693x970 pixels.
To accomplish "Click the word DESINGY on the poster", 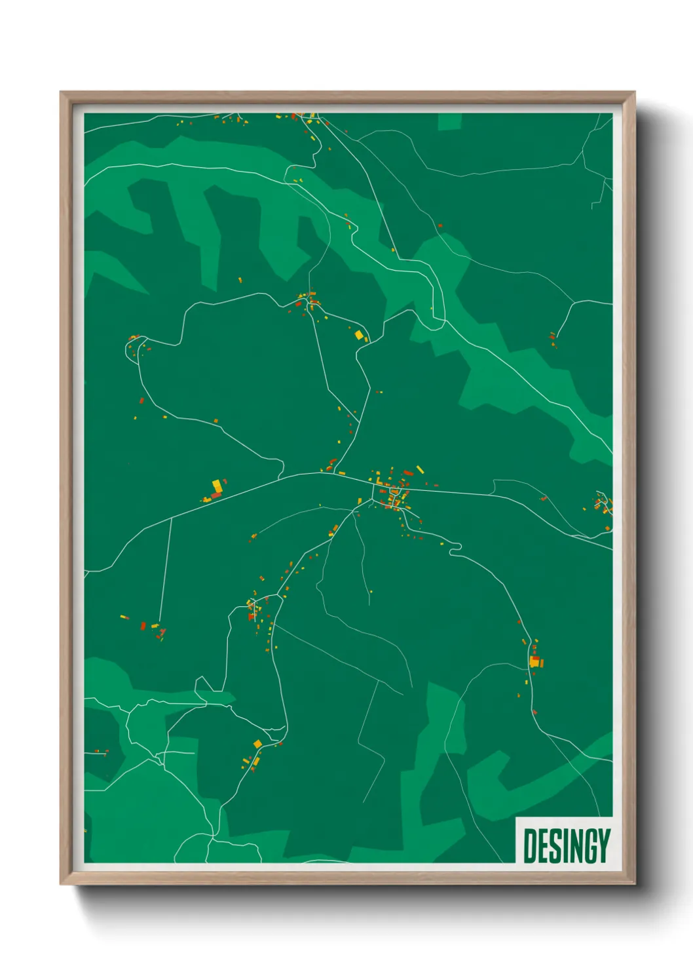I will point(567,845).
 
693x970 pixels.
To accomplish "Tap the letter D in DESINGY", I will point(531,845).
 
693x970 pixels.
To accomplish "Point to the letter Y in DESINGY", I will point(603,845).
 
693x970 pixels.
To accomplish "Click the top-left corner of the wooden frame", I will point(62,93).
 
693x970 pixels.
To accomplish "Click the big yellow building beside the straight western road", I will point(216,486).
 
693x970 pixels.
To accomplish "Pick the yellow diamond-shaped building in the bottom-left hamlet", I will point(257,743).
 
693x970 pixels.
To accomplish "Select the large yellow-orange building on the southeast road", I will point(534,663).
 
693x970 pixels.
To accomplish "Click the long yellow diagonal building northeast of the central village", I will point(420,469).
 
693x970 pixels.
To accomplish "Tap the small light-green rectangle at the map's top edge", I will point(449,121).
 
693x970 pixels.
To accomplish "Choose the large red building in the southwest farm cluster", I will point(143,626).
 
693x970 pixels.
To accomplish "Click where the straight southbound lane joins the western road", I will point(172,518).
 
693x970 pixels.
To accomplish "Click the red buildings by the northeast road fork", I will point(553,338).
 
